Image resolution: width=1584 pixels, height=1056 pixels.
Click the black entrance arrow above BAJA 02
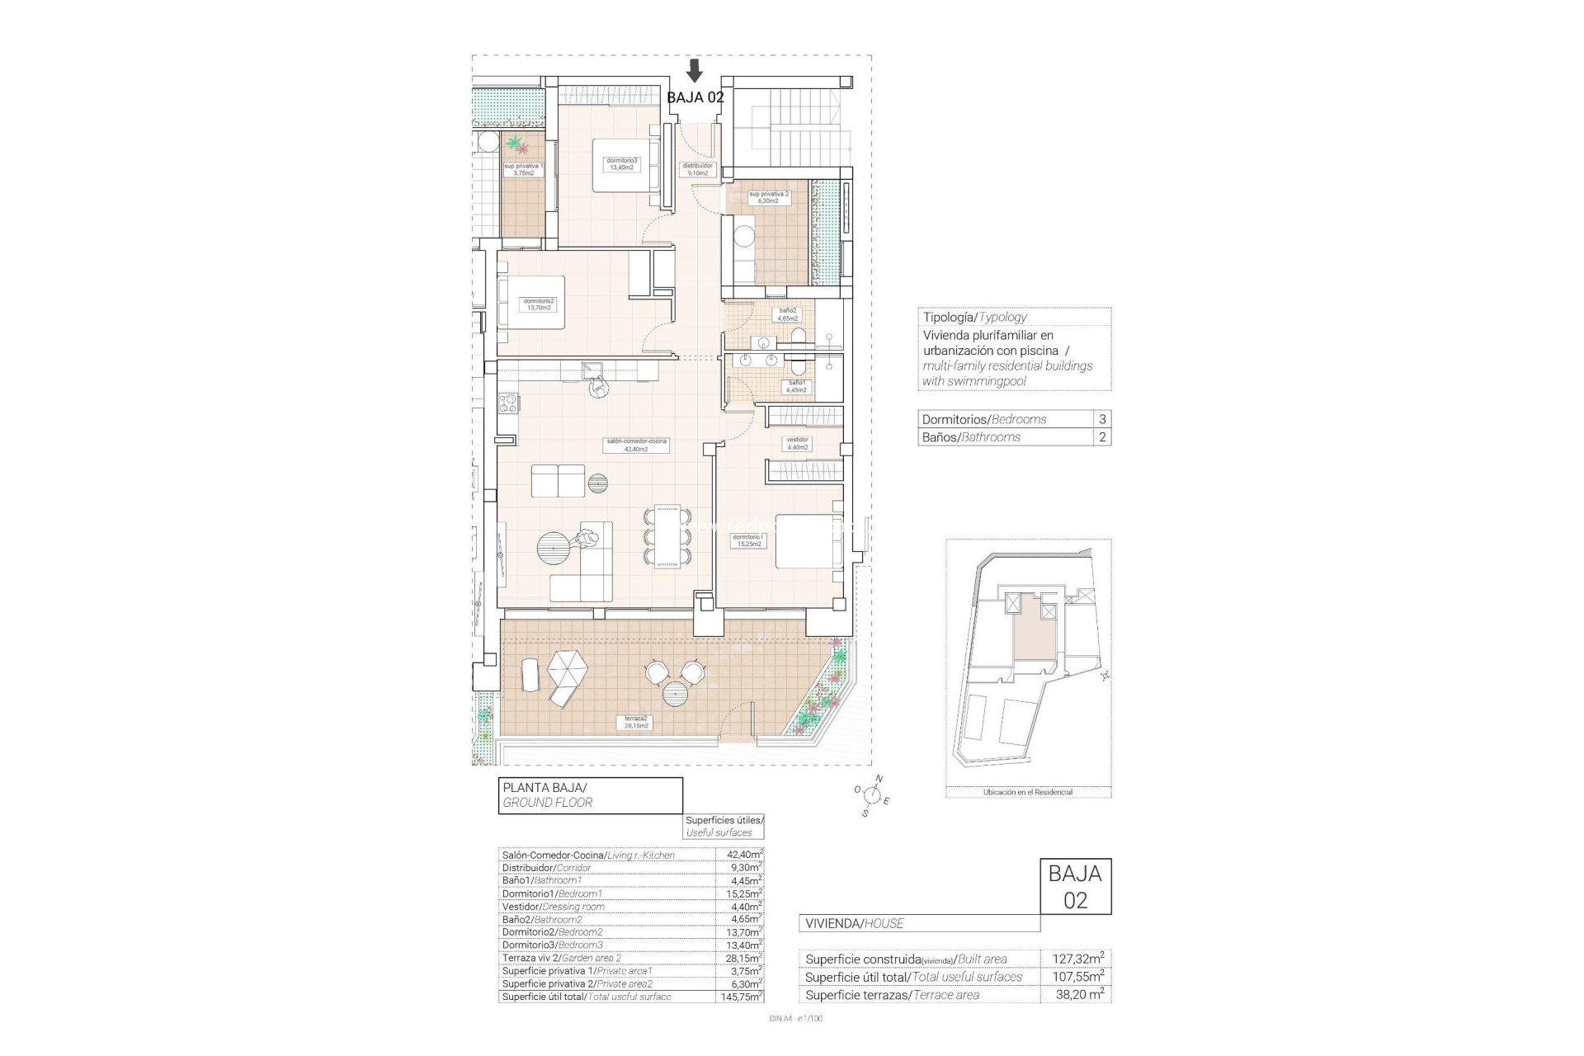(x=695, y=71)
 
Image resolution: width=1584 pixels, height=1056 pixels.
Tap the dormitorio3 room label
(x=619, y=163)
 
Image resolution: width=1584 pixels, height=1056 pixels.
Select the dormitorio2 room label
(x=539, y=304)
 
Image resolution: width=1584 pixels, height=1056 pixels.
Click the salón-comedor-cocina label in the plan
(x=636, y=445)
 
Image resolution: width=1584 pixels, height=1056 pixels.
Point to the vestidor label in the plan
(x=796, y=443)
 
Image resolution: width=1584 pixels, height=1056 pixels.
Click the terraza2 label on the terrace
(x=635, y=723)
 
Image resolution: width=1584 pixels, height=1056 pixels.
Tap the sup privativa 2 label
(x=768, y=197)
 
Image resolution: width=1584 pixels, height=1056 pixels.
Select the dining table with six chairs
(x=667, y=537)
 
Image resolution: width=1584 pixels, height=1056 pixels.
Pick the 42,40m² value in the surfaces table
(x=740, y=855)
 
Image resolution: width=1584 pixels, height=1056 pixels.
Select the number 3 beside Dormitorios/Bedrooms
(x=1102, y=419)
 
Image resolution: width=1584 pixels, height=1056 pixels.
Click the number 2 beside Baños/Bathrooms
(x=1102, y=437)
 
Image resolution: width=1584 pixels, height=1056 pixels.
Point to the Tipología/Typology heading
(x=974, y=317)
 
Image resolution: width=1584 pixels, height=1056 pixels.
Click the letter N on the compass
(x=879, y=779)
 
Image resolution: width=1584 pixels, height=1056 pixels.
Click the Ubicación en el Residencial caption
(x=1028, y=792)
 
